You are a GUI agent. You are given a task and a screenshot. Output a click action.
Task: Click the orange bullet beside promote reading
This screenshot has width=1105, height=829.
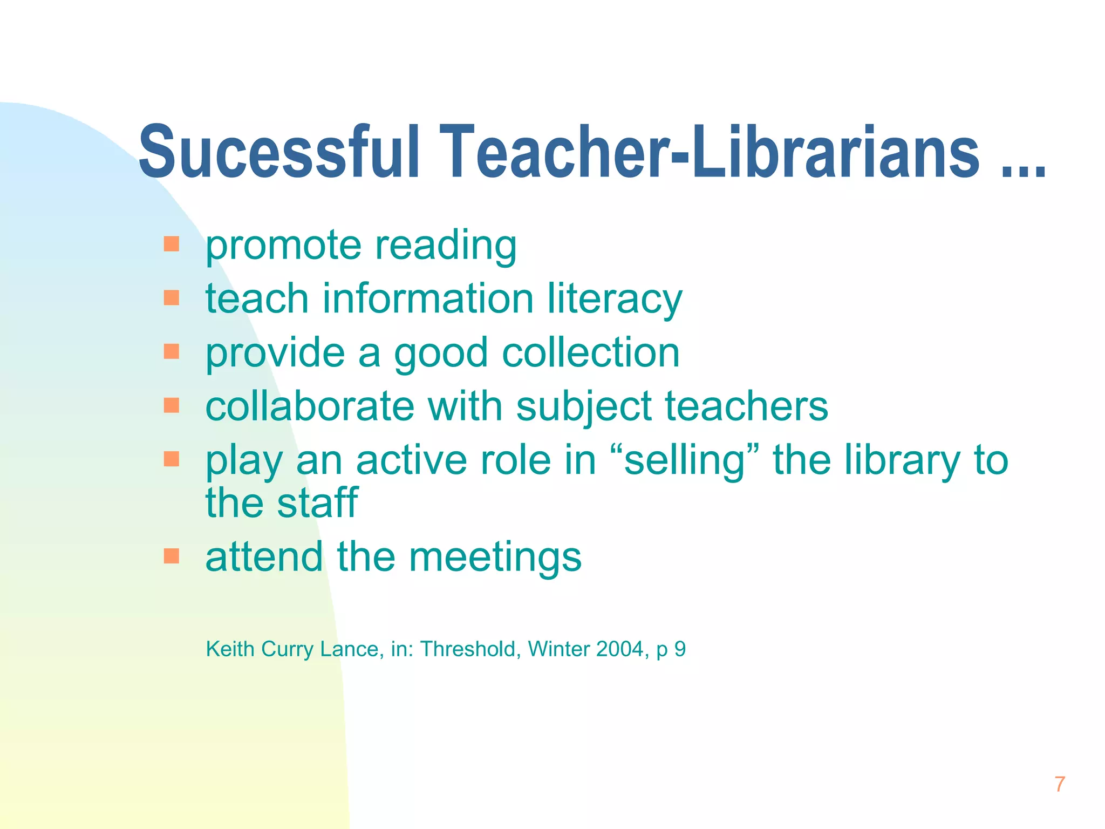171,244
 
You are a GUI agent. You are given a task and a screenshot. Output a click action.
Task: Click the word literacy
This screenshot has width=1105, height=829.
615,300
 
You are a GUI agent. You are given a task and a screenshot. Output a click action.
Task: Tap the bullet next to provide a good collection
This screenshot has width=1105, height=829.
171,352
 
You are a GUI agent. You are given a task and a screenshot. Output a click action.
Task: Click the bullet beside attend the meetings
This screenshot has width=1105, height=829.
171,556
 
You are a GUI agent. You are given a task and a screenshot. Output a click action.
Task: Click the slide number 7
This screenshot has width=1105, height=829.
1060,784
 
